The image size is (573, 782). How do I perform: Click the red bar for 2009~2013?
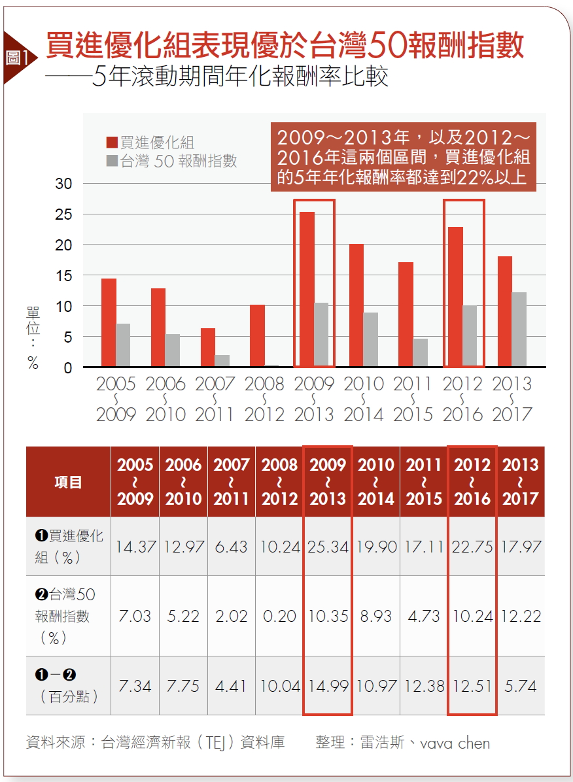pyautogui.click(x=307, y=289)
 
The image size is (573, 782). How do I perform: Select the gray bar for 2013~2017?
pyautogui.click(x=519, y=330)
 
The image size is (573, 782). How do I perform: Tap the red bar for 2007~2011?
pyautogui.click(x=208, y=347)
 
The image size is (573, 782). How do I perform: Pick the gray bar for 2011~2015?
pyautogui.click(x=420, y=352)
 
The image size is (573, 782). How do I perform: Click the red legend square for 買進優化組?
pyautogui.click(x=112, y=143)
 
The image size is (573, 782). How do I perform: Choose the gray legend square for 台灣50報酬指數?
pyautogui.click(x=112, y=161)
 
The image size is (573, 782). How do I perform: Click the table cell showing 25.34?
pyautogui.click(x=328, y=547)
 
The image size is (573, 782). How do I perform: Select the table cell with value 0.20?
pyautogui.click(x=279, y=616)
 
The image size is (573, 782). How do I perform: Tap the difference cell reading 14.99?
pyautogui.click(x=328, y=686)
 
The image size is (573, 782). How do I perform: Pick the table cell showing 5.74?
pyautogui.click(x=521, y=686)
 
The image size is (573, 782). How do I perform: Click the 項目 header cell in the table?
pyautogui.click(x=68, y=483)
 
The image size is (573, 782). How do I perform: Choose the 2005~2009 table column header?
pyautogui.click(x=135, y=483)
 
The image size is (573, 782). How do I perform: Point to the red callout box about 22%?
pyautogui.click(x=403, y=157)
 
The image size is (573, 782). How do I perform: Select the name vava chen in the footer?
pyautogui.click(x=455, y=743)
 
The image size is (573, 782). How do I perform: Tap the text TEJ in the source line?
pyautogui.click(x=216, y=743)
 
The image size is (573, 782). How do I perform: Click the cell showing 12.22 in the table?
pyautogui.click(x=521, y=616)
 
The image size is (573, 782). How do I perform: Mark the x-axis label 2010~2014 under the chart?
pyautogui.click(x=364, y=399)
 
